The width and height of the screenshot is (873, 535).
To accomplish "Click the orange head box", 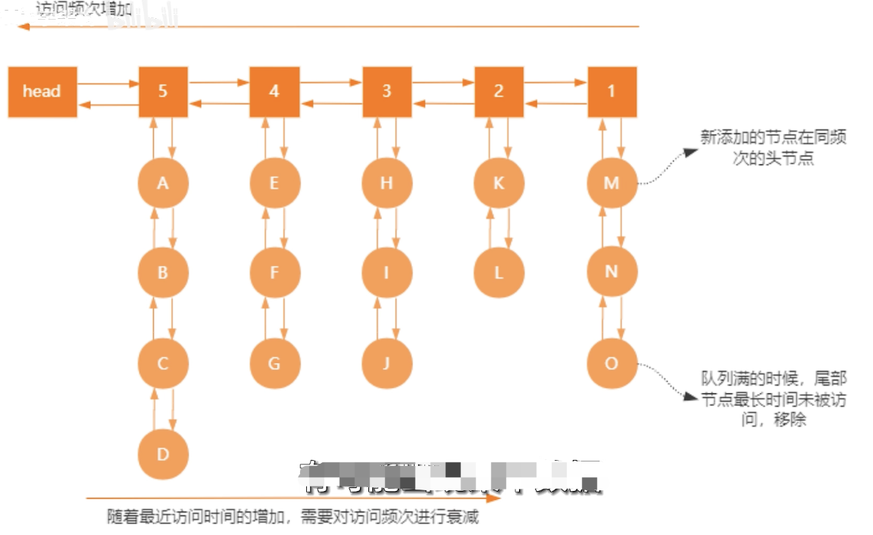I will point(42,92).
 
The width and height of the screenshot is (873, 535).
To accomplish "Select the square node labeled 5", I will point(163,92).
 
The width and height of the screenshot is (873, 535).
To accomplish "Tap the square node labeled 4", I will point(274,92).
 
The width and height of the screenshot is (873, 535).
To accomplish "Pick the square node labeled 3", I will point(386,92).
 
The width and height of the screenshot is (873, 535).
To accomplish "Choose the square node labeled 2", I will point(499,92).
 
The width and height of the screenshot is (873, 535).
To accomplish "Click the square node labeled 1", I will point(612,92).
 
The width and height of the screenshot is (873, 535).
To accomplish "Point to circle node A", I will point(163,183).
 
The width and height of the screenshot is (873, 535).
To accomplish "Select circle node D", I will point(163,455).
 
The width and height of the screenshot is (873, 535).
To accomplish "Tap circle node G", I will point(274,363).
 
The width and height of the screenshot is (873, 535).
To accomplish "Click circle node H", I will point(386,183).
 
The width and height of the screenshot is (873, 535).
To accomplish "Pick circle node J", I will point(386,363).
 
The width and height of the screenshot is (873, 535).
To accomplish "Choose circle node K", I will point(499,183).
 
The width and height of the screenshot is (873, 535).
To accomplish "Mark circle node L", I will point(499,273).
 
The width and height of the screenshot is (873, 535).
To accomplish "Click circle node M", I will point(612,183).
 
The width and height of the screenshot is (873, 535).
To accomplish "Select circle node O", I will point(612,363).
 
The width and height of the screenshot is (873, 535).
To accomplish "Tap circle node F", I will point(274,273).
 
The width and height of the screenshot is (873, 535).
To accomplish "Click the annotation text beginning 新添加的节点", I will point(773,148).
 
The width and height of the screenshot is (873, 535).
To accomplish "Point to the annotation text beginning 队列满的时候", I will point(773,398).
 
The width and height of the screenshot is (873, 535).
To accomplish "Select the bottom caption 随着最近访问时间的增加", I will point(293,518).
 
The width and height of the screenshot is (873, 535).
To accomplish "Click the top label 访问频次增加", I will point(83,10).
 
